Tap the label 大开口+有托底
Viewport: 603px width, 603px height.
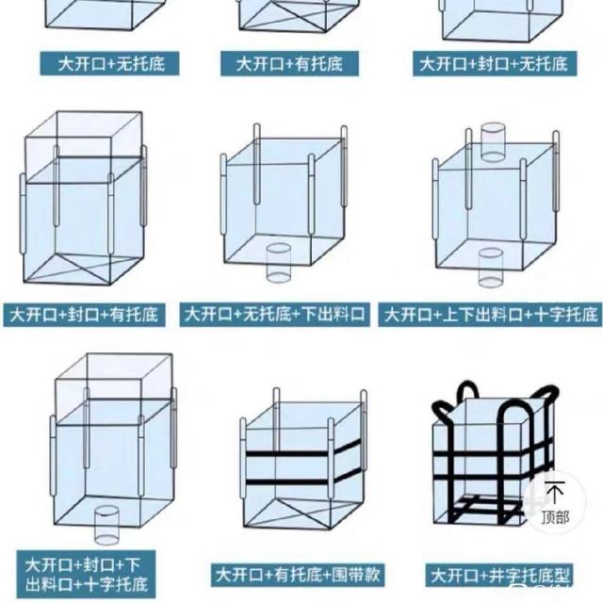point(289,63)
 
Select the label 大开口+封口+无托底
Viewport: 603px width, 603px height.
point(495,63)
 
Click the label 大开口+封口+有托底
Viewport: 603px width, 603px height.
point(84,315)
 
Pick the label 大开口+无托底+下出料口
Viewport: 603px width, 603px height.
point(274,315)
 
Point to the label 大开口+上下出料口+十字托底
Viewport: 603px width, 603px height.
point(490,315)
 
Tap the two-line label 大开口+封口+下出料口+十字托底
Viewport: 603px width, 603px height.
point(86,575)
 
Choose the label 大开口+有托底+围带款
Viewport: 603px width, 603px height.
point(298,575)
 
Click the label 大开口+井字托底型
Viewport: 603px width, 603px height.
point(499,576)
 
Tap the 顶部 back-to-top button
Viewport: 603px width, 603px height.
point(555,502)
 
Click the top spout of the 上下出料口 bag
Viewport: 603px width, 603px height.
point(493,142)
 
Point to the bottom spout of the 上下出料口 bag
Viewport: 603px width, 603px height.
point(491,268)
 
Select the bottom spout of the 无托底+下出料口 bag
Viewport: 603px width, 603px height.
point(279,263)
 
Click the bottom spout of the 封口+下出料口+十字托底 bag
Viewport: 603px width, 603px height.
point(106,525)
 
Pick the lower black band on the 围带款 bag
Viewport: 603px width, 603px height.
point(303,480)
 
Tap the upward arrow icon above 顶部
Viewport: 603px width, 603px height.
point(555,492)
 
